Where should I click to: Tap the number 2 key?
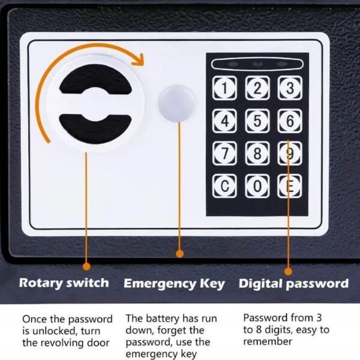(257, 88)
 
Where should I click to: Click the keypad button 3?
(290, 88)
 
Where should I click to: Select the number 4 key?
(224, 121)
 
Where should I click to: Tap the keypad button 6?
(290, 121)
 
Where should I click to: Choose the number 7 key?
(224, 154)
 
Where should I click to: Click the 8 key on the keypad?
(257, 154)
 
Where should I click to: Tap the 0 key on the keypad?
(257, 186)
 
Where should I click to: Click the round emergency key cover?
(176, 104)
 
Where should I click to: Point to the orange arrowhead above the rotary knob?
(138, 60)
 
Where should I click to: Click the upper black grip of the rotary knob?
(95, 80)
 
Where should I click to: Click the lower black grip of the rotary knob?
(95, 128)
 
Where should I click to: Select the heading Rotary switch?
(64, 283)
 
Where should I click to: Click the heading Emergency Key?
(174, 284)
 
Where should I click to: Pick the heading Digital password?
(293, 284)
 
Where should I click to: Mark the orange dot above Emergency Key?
(180, 254)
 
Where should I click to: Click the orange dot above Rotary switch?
(86, 266)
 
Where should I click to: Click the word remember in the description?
(268, 341)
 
